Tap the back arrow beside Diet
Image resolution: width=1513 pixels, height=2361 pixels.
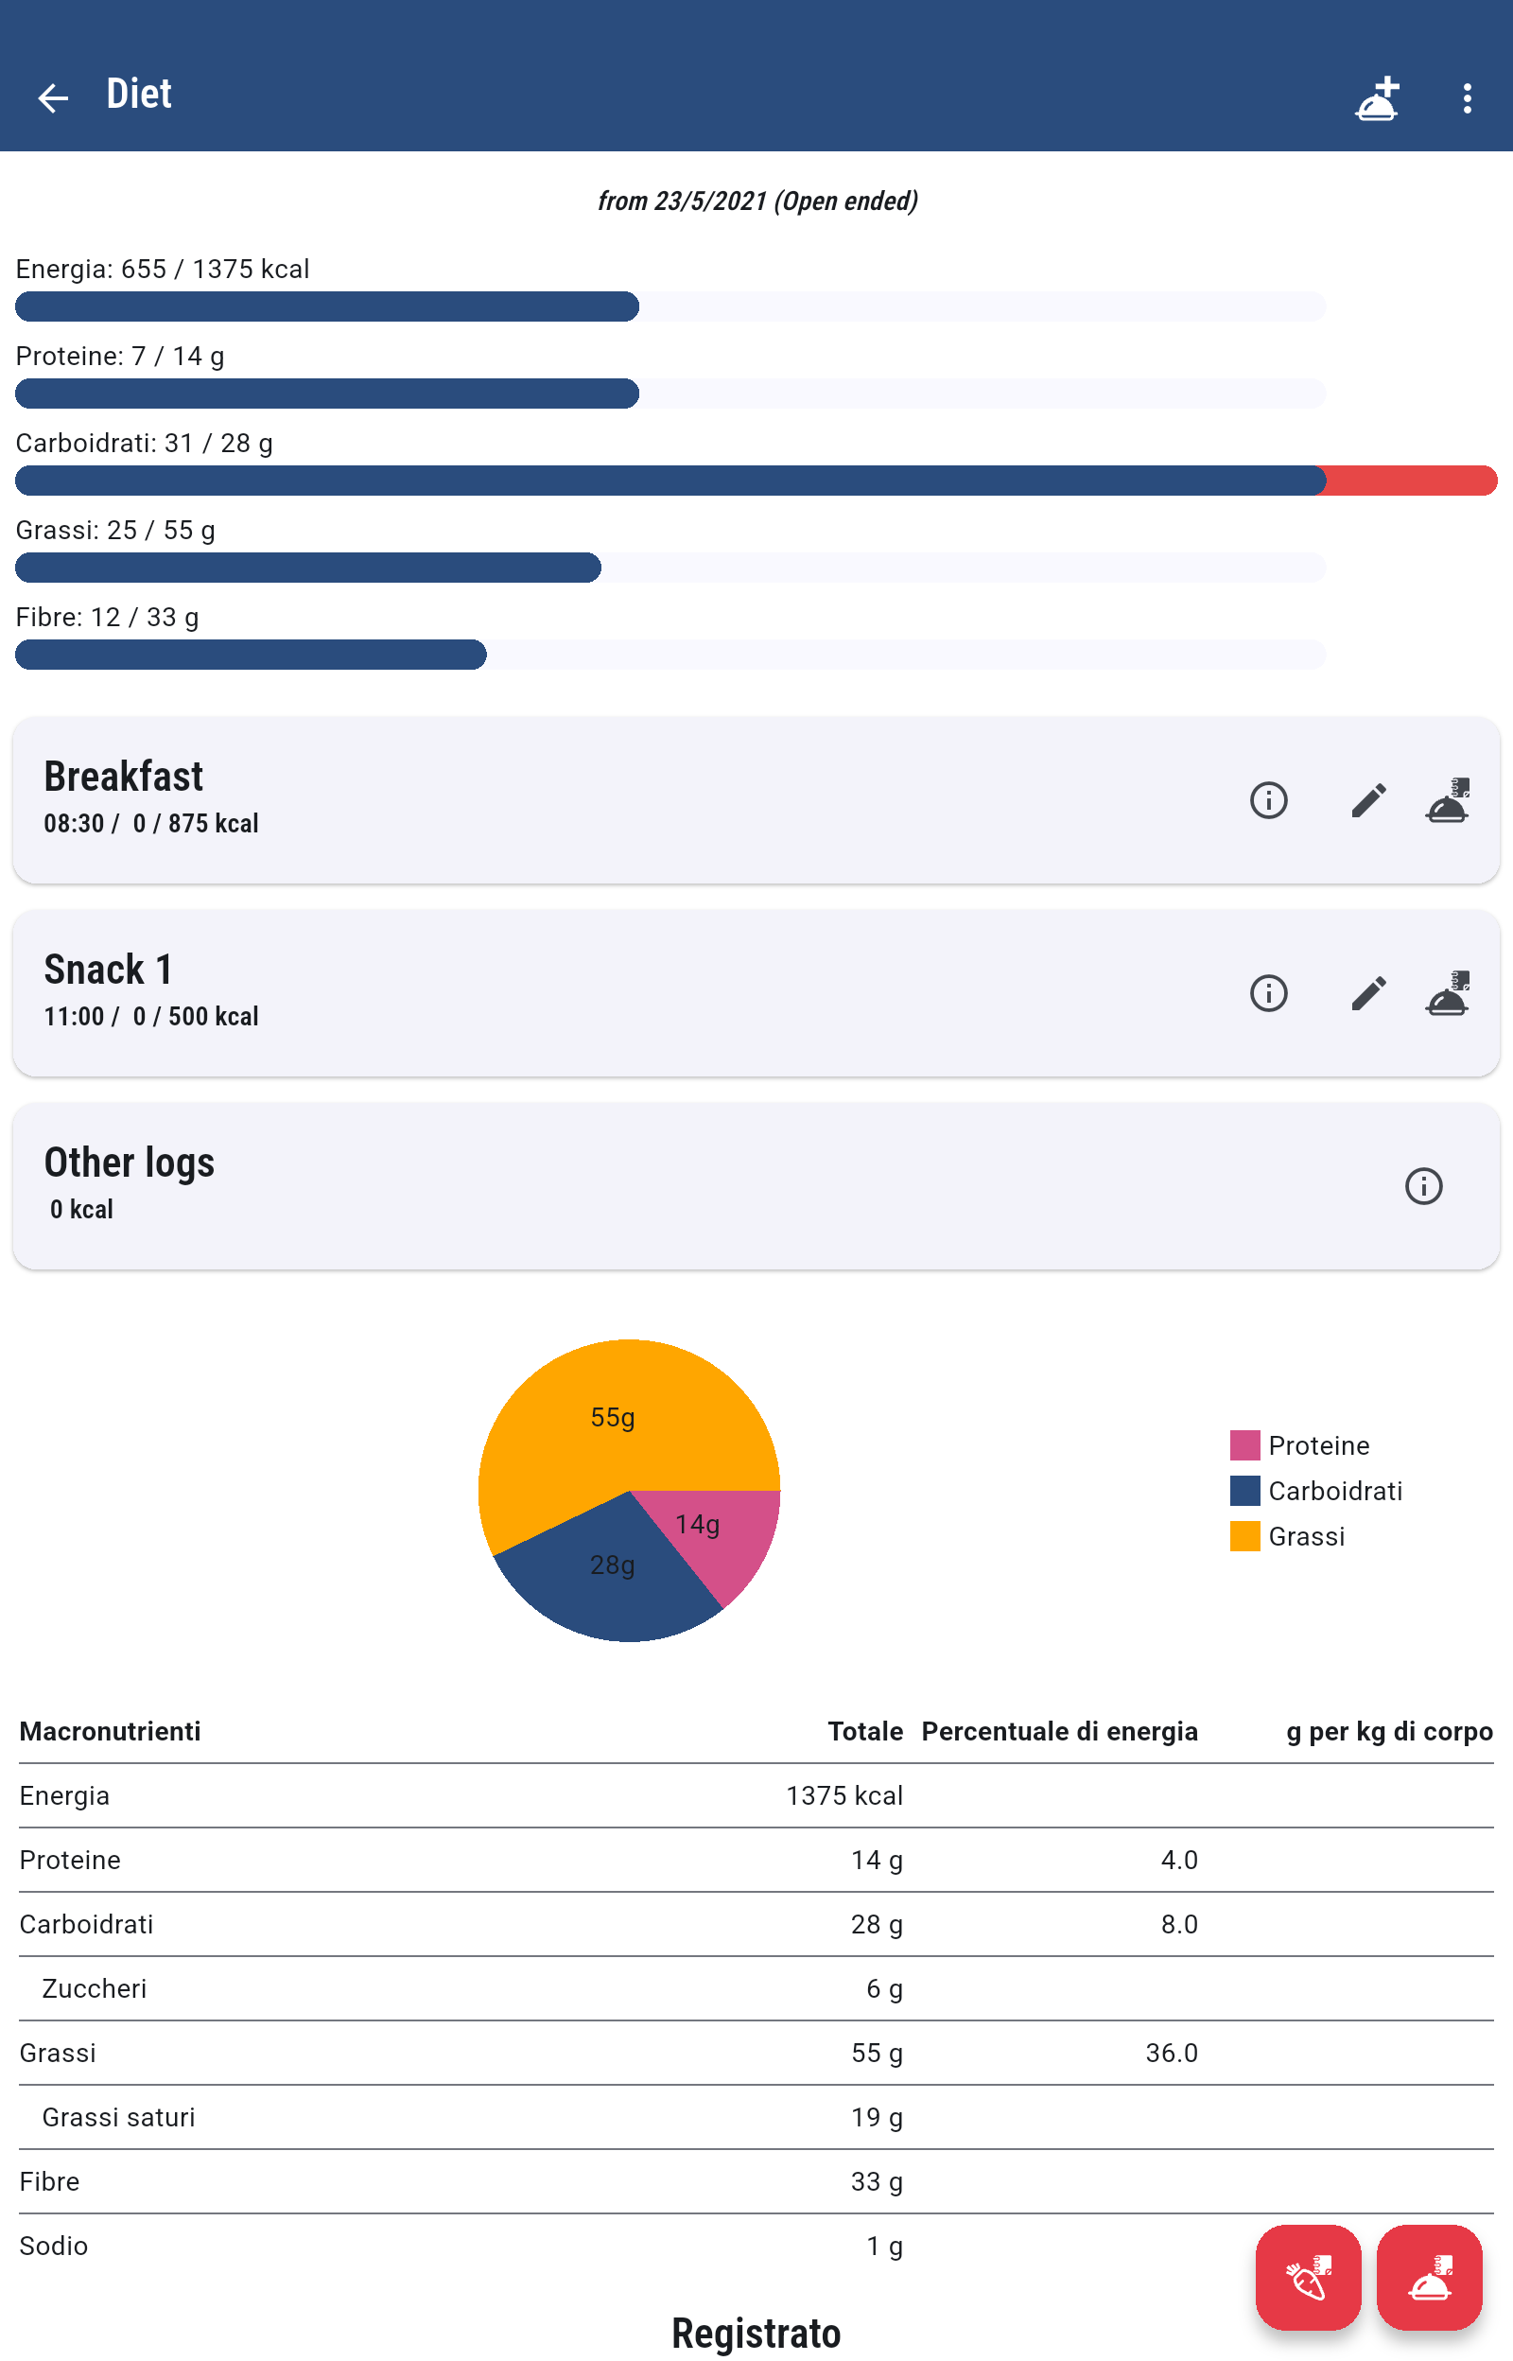[53, 97]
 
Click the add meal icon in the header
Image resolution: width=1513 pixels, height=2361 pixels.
[1377, 98]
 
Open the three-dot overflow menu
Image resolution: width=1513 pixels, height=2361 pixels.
[1466, 98]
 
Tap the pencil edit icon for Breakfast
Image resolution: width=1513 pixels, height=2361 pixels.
[1367, 800]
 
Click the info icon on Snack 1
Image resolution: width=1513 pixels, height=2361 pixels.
[1268, 992]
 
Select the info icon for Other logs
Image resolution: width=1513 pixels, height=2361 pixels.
[1422, 1186]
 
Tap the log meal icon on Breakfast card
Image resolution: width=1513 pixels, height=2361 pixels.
[1447, 800]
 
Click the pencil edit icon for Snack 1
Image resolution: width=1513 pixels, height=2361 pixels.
[1367, 992]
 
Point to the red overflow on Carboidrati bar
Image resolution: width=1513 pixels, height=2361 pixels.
[1410, 481]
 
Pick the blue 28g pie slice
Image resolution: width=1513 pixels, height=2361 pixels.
[614, 1582]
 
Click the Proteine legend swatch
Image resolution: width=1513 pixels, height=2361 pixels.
[1244, 1444]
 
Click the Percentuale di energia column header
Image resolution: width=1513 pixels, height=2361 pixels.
[1059, 1731]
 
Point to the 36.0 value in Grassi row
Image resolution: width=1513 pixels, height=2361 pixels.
[1171, 2053]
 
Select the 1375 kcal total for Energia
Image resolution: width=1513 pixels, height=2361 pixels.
[843, 1795]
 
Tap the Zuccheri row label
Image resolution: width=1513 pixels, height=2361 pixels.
[95, 1988]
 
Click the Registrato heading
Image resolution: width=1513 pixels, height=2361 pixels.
[756, 2333]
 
